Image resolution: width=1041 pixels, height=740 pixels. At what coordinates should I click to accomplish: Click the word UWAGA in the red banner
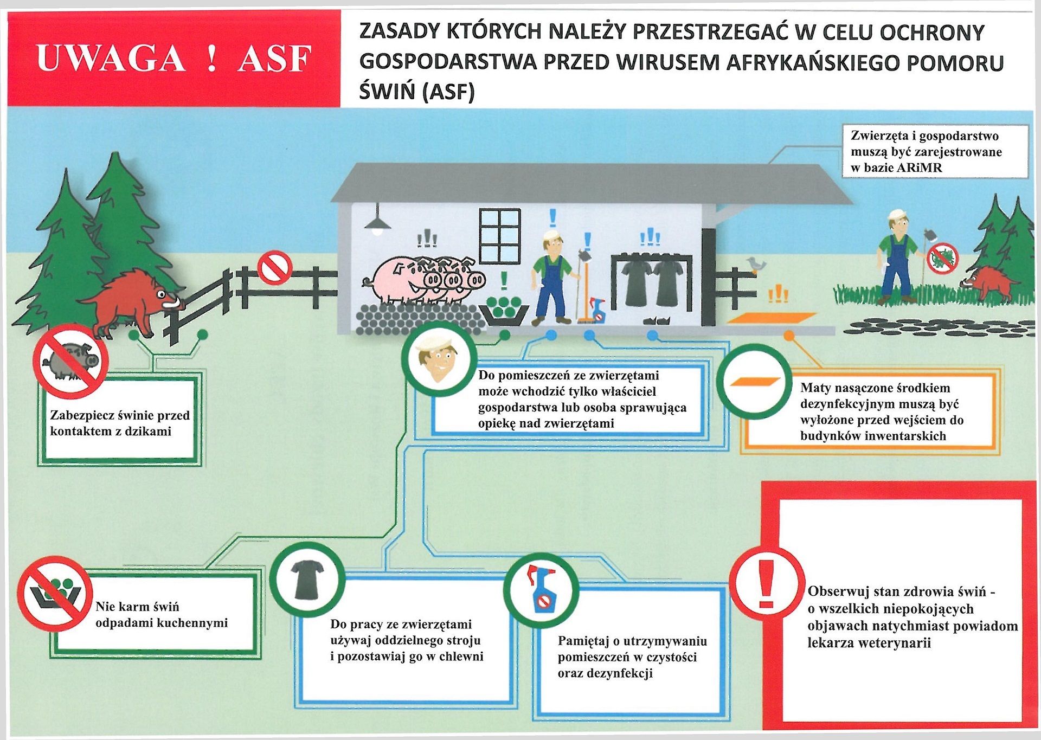(x=111, y=58)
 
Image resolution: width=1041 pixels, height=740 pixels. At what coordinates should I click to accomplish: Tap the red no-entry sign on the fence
(x=275, y=267)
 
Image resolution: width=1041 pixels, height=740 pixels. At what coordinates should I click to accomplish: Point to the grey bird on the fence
(x=756, y=264)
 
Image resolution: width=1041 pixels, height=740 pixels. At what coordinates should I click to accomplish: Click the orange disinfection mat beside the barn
(x=771, y=318)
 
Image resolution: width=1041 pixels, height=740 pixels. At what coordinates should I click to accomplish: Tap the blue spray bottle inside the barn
(x=597, y=310)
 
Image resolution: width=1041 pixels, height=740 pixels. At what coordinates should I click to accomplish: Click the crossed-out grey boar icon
(x=70, y=360)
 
